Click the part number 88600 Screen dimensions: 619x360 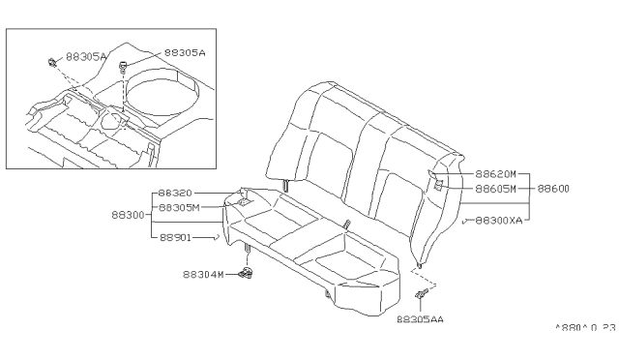(x=553, y=189)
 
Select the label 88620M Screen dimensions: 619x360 (x=495, y=174)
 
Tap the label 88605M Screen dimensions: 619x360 (x=495, y=189)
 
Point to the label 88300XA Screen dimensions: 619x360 (x=499, y=221)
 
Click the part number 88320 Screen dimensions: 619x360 (x=175, y=193)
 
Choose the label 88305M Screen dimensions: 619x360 (x=179, y=207)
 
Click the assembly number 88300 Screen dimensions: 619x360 (x=128, y=215)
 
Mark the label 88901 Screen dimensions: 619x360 (x=175, y=237)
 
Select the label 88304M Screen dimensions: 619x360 (x=203, y=274)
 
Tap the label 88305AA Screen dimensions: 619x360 (x=420, y=319)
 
